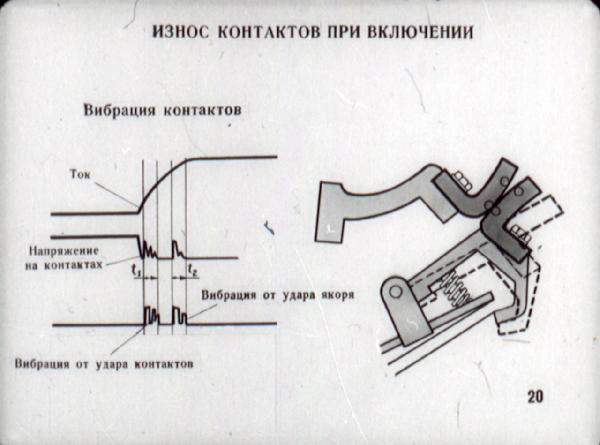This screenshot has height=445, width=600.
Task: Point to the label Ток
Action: tap(80, 175)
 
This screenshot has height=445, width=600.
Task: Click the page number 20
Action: tap(535, 397)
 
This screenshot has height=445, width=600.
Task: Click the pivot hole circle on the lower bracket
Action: tap(395, 292)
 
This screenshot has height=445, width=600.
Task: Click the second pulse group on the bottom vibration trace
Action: tap(179, 316)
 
